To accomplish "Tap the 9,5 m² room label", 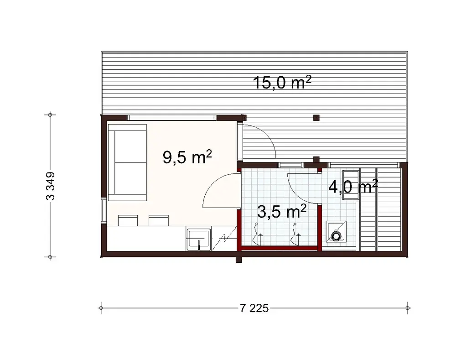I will coord(187,157).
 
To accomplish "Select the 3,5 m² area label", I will coord(281,212).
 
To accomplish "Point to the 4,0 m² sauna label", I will coord(352,187).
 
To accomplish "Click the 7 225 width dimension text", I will coord(254,308).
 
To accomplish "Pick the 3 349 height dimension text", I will coord(51,186).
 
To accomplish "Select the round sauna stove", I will coord(337,236).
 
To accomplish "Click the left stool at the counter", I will coord(128,220).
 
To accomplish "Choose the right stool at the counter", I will coord(158,220).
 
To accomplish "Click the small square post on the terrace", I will coord(316,117).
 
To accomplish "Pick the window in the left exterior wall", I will coord(104,211).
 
